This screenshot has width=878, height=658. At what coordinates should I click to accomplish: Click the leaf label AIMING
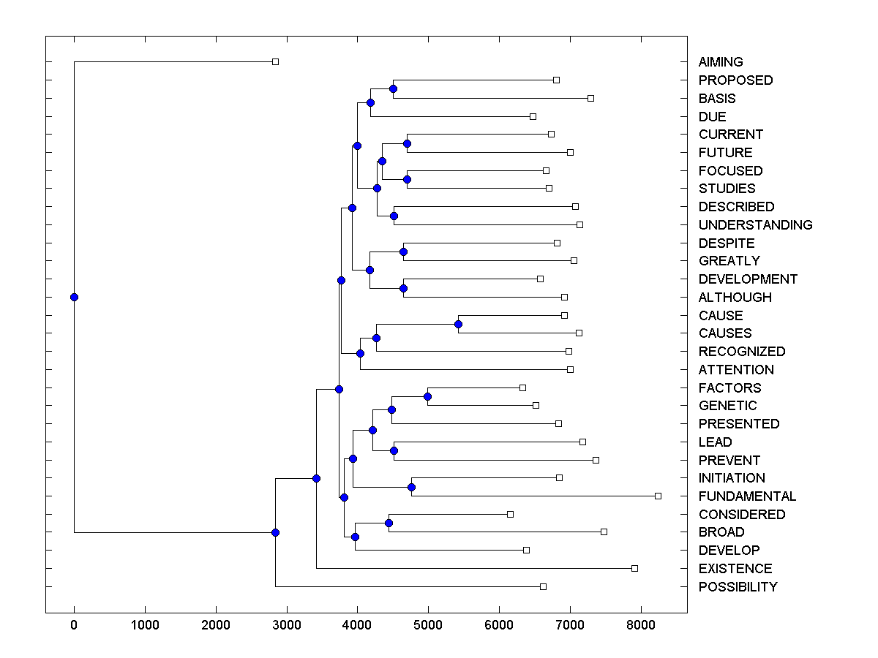coord(721,62)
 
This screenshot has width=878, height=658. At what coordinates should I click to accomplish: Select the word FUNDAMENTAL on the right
coord(747,496)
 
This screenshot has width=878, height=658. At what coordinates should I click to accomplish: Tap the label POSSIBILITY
coord(738,587)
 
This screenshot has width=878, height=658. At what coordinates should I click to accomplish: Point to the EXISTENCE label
coord(735,569)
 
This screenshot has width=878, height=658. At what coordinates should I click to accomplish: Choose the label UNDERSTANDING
coord(755,225)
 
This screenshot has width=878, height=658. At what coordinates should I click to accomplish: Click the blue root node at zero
coord(74,297)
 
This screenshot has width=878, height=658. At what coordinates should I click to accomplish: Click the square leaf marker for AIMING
coord(275,61)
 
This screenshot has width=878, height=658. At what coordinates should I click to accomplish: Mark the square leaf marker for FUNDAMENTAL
coord(658,496)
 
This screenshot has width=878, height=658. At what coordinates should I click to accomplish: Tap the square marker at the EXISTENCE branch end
coord(634,568)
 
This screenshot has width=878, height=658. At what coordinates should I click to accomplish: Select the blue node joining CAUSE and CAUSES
coord(458,324)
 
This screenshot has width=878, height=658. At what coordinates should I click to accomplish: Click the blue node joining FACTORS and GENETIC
coord(428,396)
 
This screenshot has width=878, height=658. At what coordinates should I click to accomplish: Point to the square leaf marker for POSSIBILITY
coord(543,586)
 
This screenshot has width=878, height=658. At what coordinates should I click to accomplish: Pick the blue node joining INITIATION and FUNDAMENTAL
coord(411,487)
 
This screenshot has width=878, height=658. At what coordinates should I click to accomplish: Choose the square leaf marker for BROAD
coord(604,532)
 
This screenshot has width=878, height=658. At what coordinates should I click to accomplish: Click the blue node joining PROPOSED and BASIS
coord(393,88)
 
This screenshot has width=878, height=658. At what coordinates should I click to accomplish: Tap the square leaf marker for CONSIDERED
coord(510,514)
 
